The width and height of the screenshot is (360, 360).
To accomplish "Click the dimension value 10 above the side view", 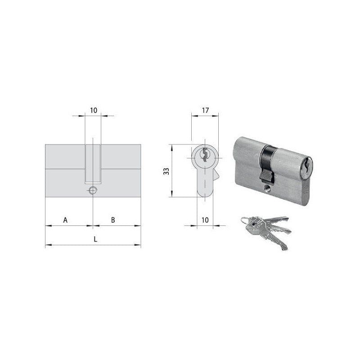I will pos(94,109).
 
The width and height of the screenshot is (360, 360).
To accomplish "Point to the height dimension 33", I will pos(166,171).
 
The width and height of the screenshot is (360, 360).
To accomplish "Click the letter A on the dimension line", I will pos(65,220).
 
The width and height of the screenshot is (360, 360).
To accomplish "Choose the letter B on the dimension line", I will pos(113,220).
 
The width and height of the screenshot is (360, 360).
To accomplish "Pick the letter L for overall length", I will pos(95,239).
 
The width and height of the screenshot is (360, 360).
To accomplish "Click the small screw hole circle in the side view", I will pos(93,190).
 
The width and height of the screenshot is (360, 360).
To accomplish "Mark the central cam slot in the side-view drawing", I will pos(93,164).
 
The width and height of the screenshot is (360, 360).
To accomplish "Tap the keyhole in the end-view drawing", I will pos(205,155).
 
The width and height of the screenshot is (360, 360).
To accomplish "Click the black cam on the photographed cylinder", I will pos(267,162).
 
